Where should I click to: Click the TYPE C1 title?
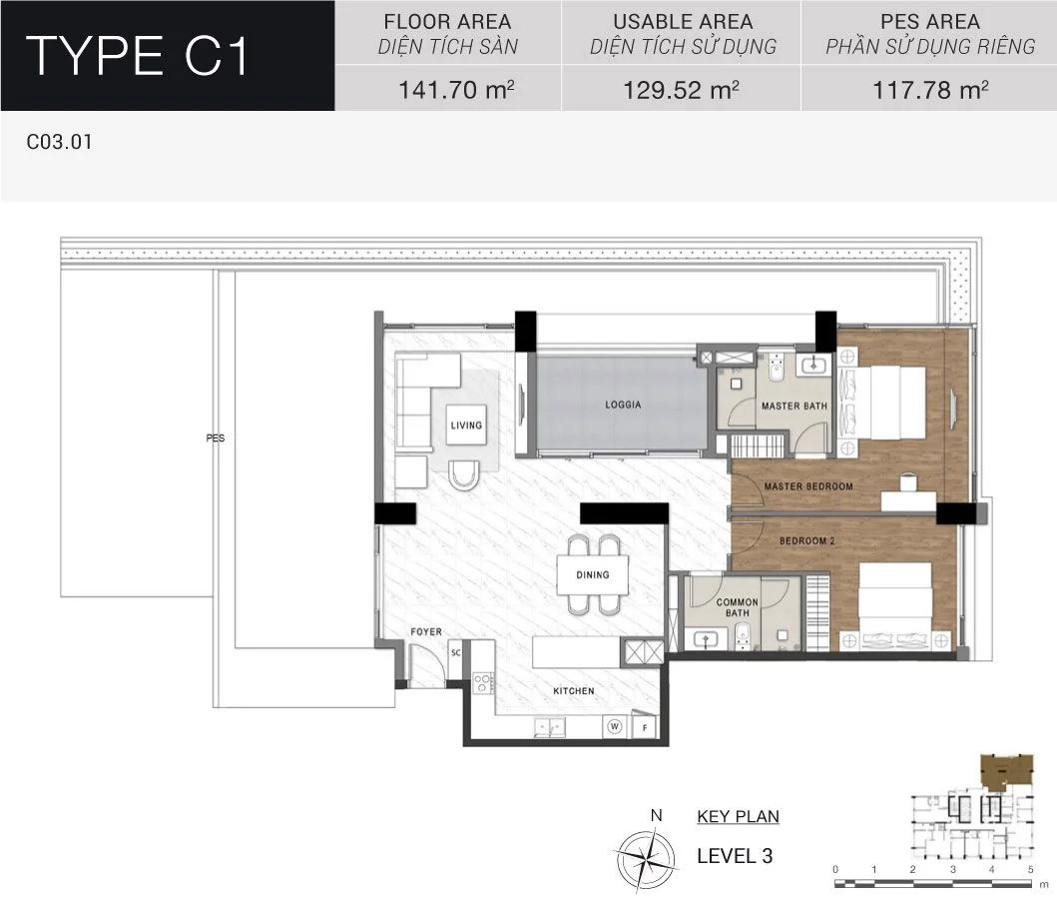(x=137, y=55)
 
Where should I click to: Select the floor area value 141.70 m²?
(x=456, y=90)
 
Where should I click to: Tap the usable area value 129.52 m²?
(x=681, y=90)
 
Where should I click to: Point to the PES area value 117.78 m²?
(x=930, y=90)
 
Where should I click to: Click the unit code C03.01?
(x=59, y=142)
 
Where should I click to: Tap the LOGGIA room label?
(x=623, y=405)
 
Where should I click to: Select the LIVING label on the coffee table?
(x=466, y=426)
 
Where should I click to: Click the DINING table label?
(x=593, y=575)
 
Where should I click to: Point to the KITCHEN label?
(x=574, y=691)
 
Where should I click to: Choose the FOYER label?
(x=426, y=631)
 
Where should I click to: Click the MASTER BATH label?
(x=794, y=407)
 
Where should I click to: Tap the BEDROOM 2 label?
(x=806, y=540)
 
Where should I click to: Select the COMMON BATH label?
(x=737, y=607)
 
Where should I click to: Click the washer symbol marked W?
(x=614, y=727)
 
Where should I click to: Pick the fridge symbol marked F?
(x=645, y=727)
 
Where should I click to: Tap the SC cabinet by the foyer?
(x=456, y=652)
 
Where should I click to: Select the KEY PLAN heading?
(x=739, y=816)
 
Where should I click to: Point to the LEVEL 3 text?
(x=735, y=856)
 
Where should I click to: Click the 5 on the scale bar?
(x=1031, y=869)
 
